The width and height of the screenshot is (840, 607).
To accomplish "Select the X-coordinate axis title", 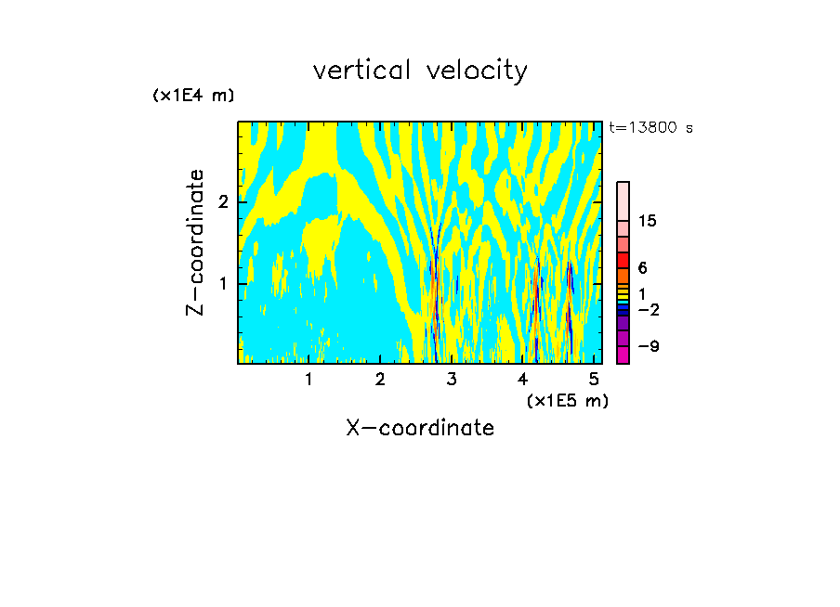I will coord(420,428).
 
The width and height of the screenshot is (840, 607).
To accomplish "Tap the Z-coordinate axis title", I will coord(195,242).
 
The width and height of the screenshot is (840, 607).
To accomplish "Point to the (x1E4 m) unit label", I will coord(193,96).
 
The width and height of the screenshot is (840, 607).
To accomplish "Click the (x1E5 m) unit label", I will coord(567,400).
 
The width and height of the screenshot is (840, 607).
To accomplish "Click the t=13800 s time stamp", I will coord(650,128).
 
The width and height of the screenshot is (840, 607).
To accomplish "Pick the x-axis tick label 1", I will coord(308,379).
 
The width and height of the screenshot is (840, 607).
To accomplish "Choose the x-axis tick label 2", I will coord(380,379).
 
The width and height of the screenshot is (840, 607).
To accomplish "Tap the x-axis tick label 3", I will coord(452,379).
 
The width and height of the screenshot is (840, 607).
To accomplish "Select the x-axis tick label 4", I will coord(522,379).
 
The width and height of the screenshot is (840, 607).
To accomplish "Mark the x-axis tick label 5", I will coord(593,379).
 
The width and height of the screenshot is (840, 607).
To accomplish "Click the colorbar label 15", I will coord(648,221).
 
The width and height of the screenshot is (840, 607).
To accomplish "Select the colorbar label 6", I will coord(642,267).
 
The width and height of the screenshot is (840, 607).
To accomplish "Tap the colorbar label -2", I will coord(648,310).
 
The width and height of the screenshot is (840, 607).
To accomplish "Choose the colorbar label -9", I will coord(648,346).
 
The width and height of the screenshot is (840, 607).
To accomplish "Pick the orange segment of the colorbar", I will coord(623,276).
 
